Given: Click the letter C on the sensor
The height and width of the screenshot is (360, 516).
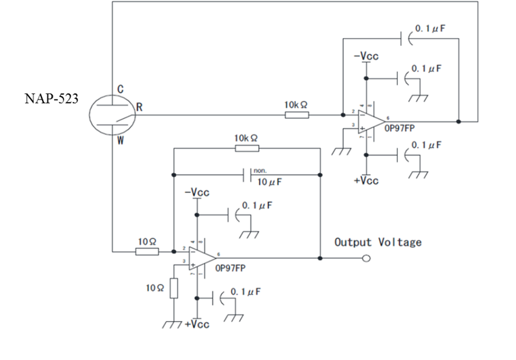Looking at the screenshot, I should pyautogui.click(x=120, y=89).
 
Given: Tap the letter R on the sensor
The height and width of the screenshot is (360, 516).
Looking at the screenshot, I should pyautogui.click(x=140, y=107).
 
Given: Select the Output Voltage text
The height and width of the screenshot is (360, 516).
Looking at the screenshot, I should pyautogui.click(x=378, y=242).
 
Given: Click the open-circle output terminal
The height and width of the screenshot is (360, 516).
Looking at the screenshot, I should pyautogui.click(x=366, y=259).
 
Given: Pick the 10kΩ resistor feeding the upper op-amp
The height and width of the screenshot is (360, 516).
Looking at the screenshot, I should pyautogui.click(x=296, y=115).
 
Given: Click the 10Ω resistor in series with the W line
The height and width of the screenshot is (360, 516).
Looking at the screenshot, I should pyautogui.click(x=148, y=252).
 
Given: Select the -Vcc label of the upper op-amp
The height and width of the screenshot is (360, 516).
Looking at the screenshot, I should pyautogui.click(x=366, y=56).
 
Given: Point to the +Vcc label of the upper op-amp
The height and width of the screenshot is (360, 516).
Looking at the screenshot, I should pyautogui.click(x=366, y=181).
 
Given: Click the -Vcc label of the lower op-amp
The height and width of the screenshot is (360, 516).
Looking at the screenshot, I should pyautogui.click(x=197, y=192).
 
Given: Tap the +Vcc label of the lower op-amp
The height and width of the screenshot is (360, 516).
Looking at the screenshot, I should pyautogui.click(x=197, y=324).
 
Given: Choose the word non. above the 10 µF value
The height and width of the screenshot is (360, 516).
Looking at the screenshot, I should pyautogui.click(x=260, y=171).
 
